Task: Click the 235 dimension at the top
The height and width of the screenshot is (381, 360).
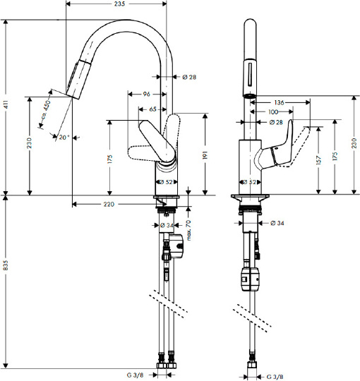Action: tap(119, 4)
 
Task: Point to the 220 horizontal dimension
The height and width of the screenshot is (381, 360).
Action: tap(109, 204)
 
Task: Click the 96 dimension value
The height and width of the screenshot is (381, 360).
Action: tap(146, 94)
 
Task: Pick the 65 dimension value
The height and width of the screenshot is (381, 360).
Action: tap(152, 109)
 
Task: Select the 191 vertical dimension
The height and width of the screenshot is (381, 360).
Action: tap(205, 155)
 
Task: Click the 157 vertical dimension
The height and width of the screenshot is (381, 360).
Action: tap(318, 160)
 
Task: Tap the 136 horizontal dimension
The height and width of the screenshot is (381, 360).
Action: tap(279, 102)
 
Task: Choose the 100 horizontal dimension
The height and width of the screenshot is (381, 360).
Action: tap(273, 111)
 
